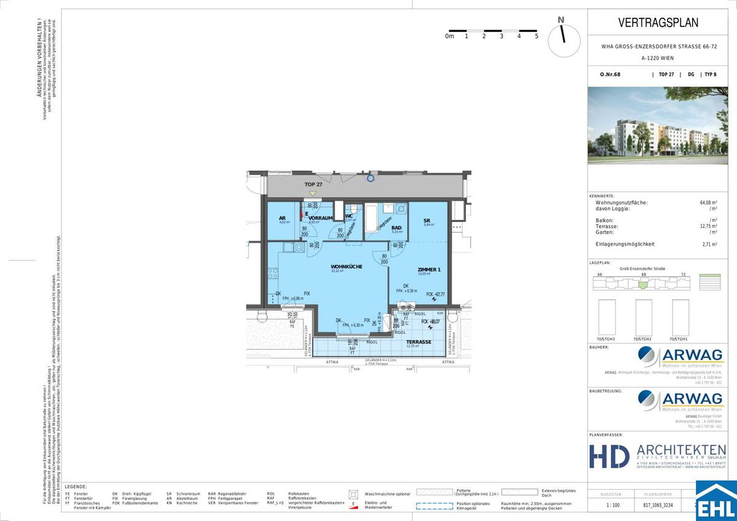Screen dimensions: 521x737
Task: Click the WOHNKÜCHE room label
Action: pyautogui.click(x=346, y=266)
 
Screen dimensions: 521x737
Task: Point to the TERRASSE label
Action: pyautogui.click(x=418, y=342)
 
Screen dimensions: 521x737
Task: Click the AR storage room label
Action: pyautogui.click(x=283, y=217)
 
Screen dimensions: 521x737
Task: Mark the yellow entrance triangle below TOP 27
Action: pyautogui.click(x=312, y=193)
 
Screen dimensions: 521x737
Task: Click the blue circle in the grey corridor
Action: pyautogui.click(x=370, y=179)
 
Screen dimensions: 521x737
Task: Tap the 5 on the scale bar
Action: pyautogui.click(x=536, y=36)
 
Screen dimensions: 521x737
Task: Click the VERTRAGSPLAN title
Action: pyautogui.click(x=658, y=23)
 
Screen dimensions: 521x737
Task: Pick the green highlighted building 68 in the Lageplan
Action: pyautogui.click(x=643, y=284)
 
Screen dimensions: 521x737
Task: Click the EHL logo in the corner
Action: pyautogui.click(x=716, y=501)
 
